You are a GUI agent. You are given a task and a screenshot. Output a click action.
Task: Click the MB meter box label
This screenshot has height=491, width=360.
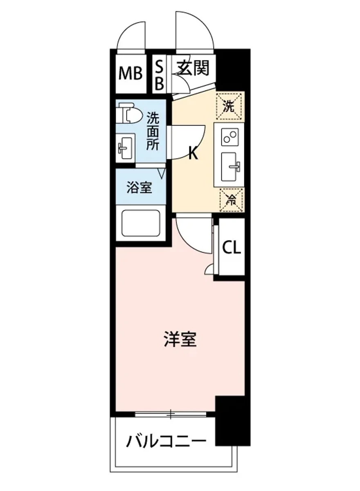pyautogui.click(x=130, y=74)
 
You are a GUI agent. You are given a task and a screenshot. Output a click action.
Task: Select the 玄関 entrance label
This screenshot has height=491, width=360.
pyautogui.click(x=193, y=68)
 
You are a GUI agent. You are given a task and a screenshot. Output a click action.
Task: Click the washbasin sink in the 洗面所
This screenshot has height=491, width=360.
pyautogui.click(x=125, y=148)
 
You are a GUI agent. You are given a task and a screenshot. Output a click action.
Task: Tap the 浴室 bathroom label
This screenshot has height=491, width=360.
pyautogui.click(x=139, y=188)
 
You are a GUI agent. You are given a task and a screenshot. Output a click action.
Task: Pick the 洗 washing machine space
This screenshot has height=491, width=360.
pyautogui.click(x=229, y=106)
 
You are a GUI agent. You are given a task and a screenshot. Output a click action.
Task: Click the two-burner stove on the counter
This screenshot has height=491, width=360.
pyautogui.click(x=229, y=137)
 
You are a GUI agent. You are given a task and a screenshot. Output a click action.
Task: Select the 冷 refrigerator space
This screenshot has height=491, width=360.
pyautogui.click(x=232, y=200)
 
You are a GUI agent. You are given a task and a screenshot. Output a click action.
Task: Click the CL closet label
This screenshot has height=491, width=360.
pyautogui.click(x=232, y=248)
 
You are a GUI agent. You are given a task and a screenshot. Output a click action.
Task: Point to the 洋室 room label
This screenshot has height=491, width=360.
pyautogui.click(x=180, y=340)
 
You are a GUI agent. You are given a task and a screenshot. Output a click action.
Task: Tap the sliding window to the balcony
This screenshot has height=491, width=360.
pyautogui.click(x=171, y=414)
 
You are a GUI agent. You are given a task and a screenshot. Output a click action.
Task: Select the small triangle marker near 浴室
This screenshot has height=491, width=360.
pyautogui.click(x=162, y=174)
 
